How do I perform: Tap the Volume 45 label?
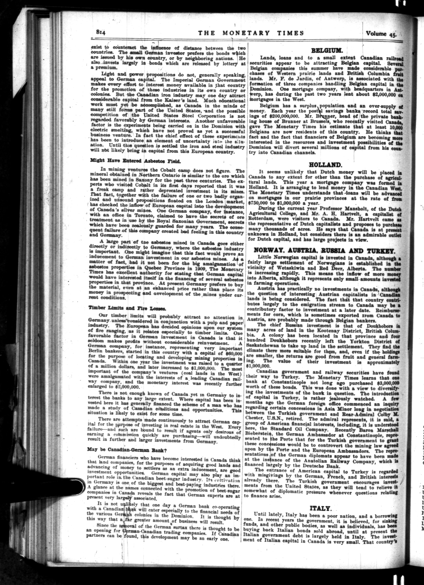pos(381,34)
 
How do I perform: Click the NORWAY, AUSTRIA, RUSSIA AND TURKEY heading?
pos(324,251)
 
